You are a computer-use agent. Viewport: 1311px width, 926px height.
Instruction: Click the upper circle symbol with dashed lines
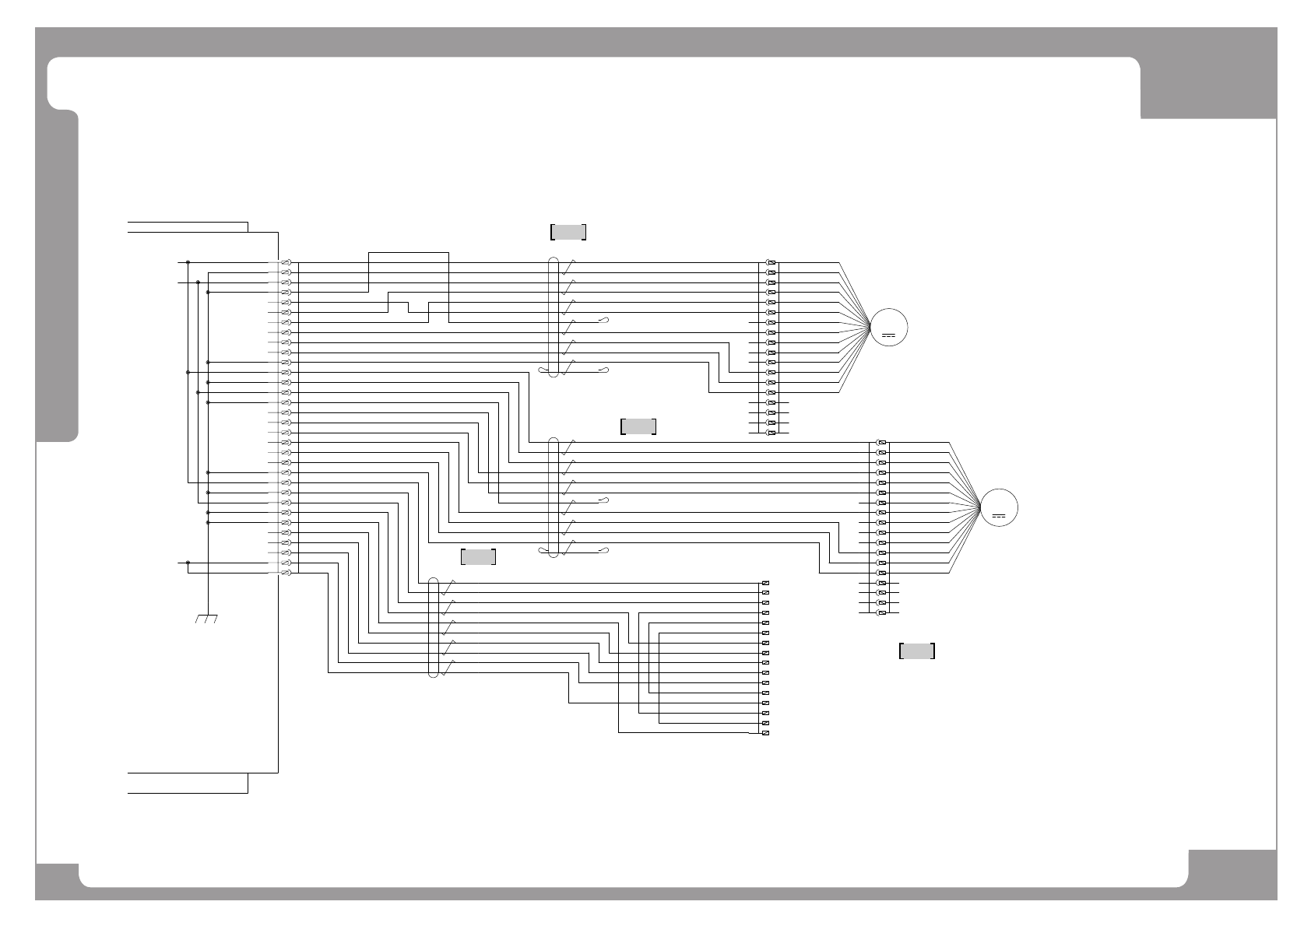coord(889,328)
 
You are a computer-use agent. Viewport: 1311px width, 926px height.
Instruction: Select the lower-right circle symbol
coord(999,507)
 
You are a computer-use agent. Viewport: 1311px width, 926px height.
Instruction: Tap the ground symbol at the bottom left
coord(206,619)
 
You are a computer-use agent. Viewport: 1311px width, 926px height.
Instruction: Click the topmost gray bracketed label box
coord(568,232)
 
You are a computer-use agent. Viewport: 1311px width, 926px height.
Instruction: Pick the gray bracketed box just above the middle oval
coord(638,426)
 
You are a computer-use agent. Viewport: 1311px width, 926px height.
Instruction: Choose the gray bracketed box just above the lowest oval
coord(478,556)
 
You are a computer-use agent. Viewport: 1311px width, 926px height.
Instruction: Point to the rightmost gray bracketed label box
coord(916,651)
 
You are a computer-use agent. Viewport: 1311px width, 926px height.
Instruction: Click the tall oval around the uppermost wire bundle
coord(554,317)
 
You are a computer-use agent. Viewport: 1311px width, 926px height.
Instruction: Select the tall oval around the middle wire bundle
coord(554,497)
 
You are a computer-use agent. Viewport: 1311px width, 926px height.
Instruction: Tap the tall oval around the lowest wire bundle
coord(434,627)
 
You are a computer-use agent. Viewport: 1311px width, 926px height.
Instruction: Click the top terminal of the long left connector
coord(286,263)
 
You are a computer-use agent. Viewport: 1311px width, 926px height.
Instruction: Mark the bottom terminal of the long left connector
coord(286,573)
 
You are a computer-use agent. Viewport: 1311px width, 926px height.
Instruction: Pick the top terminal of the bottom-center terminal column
coord(765,583)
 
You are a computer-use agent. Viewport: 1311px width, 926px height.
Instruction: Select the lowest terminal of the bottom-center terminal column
coord(765,733)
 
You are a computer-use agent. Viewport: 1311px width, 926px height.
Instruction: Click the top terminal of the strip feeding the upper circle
coord(771,263)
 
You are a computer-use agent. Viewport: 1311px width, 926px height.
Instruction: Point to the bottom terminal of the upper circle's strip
coord(771,433)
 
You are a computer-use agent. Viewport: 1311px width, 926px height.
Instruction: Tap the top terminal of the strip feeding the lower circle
coord(881,443)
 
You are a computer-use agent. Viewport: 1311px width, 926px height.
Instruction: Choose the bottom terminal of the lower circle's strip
coord(881,612)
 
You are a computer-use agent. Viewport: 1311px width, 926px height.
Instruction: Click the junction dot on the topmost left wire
coord(188,263)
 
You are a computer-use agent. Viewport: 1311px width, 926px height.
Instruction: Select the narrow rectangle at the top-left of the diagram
coord(188,226)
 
